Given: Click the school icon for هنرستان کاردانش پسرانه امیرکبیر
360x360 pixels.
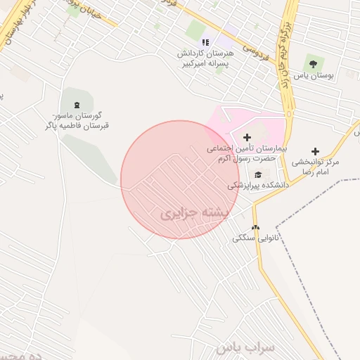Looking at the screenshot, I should click(205, 42).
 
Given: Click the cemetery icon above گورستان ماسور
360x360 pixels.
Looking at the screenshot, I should click(76, 105).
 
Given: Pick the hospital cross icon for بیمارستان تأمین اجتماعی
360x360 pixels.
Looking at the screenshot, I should click(246, 137).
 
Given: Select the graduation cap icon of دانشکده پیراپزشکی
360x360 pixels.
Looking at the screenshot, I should click(258, 174).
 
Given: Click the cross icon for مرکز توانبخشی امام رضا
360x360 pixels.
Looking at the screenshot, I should click(315, 151).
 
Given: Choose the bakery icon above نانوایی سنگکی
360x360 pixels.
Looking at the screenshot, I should click(255, 227).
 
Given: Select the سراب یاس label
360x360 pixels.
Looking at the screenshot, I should click(238, 347).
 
